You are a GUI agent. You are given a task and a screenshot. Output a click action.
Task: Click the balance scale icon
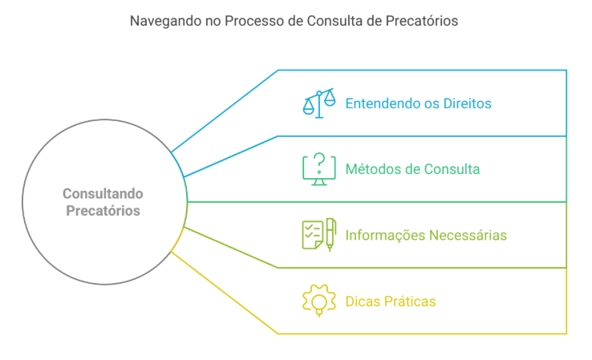(x=318, y=104)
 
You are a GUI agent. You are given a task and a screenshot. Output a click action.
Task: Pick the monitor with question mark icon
(x=318, y=170)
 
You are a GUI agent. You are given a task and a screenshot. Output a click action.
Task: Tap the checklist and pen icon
(x=318, y=235)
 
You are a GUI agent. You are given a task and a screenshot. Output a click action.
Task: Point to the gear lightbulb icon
(x=318, y=301)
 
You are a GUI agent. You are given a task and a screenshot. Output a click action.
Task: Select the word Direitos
(x=465, y=104)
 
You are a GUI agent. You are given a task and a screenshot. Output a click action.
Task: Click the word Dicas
(x=363, y=301)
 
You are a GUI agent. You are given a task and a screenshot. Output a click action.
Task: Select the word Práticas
(x=411, y=301)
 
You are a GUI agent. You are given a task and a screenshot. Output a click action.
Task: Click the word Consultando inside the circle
(x=103, y=193)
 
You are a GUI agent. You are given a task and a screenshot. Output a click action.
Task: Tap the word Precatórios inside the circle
(x=103, y=211)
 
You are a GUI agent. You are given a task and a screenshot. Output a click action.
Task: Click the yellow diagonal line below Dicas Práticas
(x=225, y=293)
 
